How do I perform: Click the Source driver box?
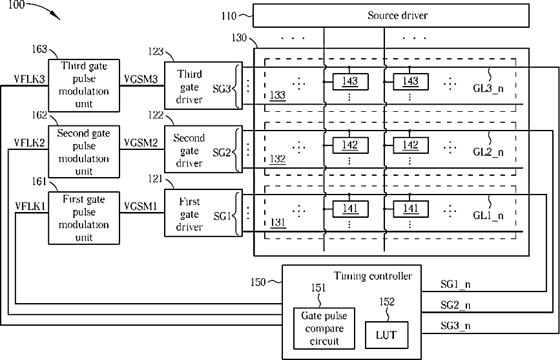tap(391, 16)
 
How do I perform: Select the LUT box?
tap(386, 335)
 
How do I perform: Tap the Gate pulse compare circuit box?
tap(324, 328)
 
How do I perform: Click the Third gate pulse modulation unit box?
tap(84, 85)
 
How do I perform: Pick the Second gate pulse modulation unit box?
tap(84, 152)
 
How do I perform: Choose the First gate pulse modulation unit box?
tap(84, 218)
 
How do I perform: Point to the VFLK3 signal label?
tap(29, 79)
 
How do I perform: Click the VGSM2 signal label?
tap(141, 143)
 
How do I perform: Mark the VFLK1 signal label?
tap(30, 206)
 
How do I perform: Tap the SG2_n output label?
tap(455, 305)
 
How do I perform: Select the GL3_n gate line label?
tap(488, 89)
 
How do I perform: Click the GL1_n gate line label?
tap(488, 216)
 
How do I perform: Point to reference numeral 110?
tap(229, 16)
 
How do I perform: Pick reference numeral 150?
tap(258, 282)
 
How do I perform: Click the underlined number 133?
tap(278, 96)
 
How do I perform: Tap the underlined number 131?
tap(278, 223)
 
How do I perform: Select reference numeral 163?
tap(39, 49)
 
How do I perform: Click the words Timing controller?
tap(373, 276)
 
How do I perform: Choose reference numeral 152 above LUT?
tap(387, 302)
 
